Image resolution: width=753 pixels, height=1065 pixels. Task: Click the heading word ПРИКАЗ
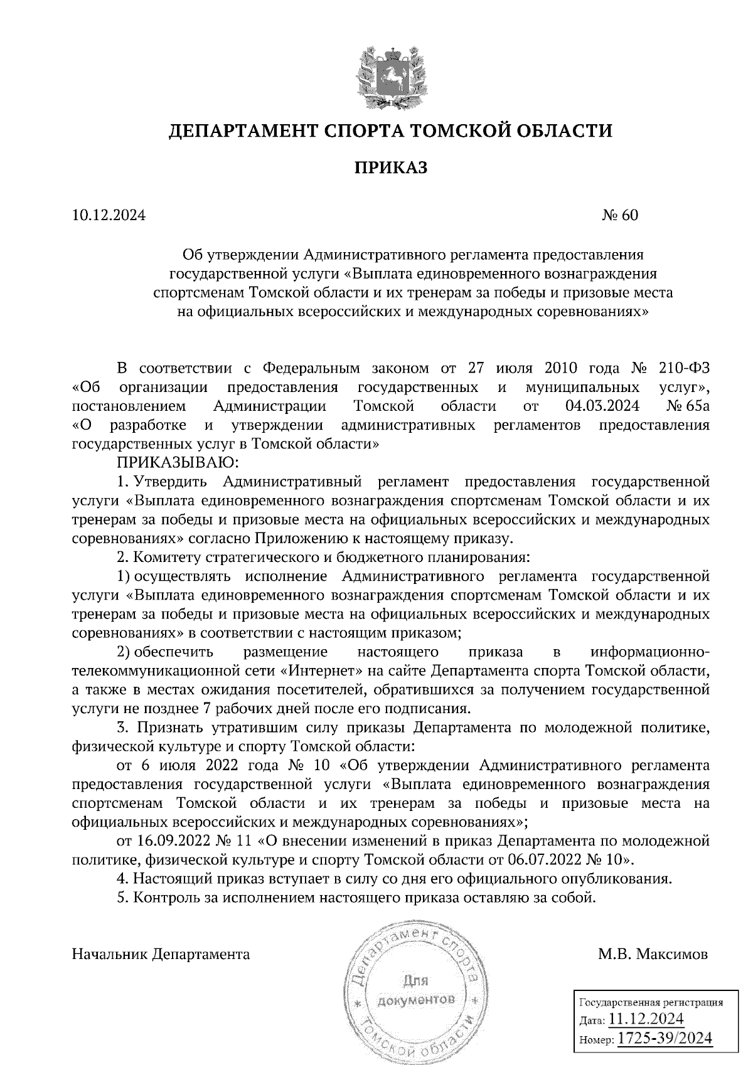click(x=391, y=167)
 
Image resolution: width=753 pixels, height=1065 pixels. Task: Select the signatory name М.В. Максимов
click(x=653, y=955)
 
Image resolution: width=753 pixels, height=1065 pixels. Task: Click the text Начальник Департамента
click(x=161, y=955)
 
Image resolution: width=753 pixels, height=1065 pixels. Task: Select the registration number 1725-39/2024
click(x=665, y=1039)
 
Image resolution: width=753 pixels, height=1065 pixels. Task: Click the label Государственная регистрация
click(x=651, y=1002)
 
